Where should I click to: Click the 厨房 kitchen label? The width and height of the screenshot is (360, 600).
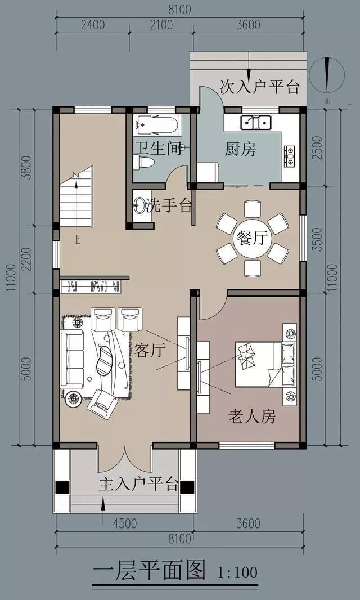click(240, 150)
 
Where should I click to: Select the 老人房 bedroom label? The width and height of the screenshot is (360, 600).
click(251, 417)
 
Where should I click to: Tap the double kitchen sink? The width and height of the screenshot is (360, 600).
click(256, 122)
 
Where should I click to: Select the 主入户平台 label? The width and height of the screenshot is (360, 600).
click(139, 484)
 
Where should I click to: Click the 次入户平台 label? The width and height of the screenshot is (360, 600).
click(259, 87)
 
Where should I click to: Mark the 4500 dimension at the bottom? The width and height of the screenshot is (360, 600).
click(125, 523)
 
